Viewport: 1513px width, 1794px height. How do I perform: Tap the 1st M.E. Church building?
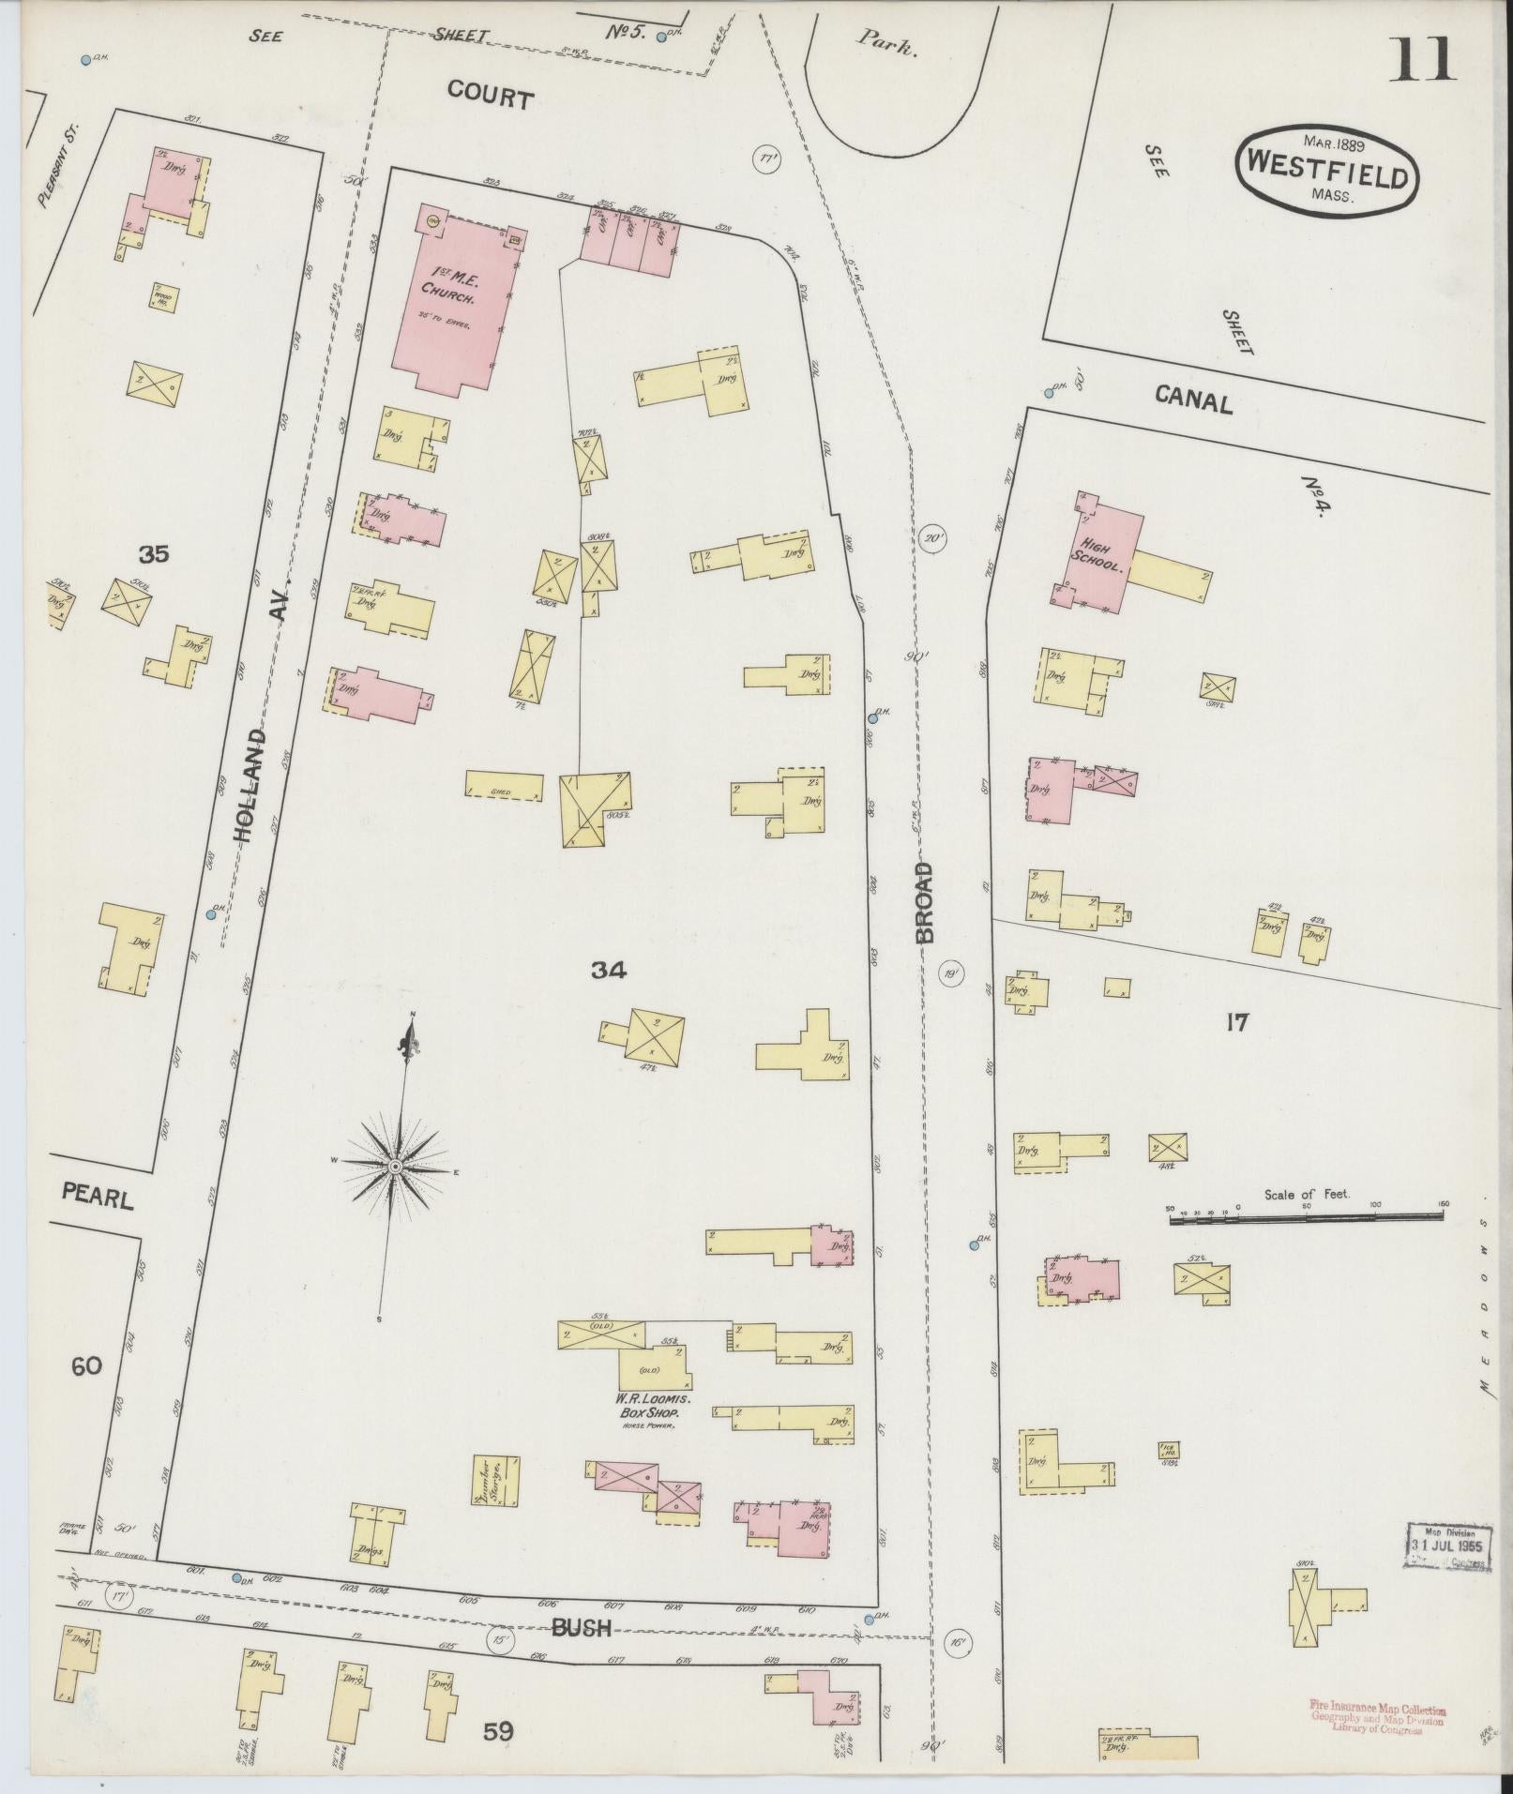tap(454, 300)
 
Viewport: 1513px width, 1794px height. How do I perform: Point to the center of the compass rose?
tap(395, 1166)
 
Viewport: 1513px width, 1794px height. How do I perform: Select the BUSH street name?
tap(582, 1627)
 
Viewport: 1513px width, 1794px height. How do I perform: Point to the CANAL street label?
tap(1192, 401)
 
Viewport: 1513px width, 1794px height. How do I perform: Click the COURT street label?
tap(490, 96)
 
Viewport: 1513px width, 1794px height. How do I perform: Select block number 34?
tap(608, 971)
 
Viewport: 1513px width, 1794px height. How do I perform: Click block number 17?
tap(1236, 1022)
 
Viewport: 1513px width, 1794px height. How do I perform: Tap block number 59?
tap(498, 1731)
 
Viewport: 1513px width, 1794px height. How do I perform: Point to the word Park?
tap(885, 44)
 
